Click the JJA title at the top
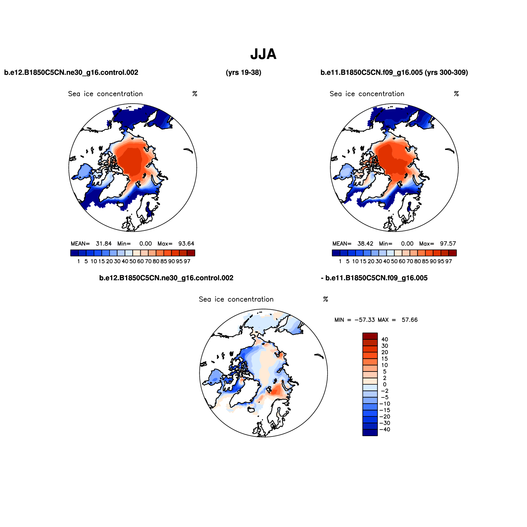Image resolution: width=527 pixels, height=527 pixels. (263, 54)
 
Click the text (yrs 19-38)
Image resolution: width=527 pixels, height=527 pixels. (243, 73)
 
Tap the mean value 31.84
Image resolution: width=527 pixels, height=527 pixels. (104, 244)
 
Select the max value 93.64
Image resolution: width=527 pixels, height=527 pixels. (186, 244)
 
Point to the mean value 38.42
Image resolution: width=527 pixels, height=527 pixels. (365, 244)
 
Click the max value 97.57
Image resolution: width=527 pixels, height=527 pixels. (448, 244)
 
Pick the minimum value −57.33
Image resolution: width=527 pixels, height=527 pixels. (365, 320)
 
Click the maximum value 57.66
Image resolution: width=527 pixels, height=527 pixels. (410, 320)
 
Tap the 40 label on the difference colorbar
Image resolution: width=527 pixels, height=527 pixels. (385, 339)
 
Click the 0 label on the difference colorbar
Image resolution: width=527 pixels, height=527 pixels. (385, 385)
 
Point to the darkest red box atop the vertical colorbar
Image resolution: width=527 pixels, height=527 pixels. (370, 336)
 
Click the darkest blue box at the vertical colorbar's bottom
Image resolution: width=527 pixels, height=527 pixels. (370, 433)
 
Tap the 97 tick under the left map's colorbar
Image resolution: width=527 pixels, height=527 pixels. (187, 261)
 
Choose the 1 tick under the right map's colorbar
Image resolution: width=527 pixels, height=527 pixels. (340, 261)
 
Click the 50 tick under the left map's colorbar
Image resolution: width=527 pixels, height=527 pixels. (133, 261)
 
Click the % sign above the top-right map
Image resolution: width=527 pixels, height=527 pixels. (456, 94)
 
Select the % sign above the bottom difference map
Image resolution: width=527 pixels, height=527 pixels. (326, 299)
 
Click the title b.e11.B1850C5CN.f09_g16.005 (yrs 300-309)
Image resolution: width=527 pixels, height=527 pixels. (394, 73)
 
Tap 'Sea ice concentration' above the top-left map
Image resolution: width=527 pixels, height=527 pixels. (105, 94)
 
